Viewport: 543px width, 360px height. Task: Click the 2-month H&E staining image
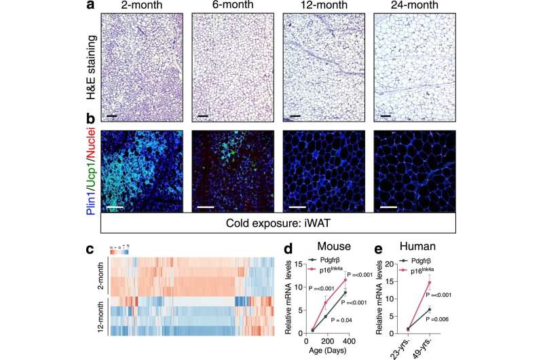141,68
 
